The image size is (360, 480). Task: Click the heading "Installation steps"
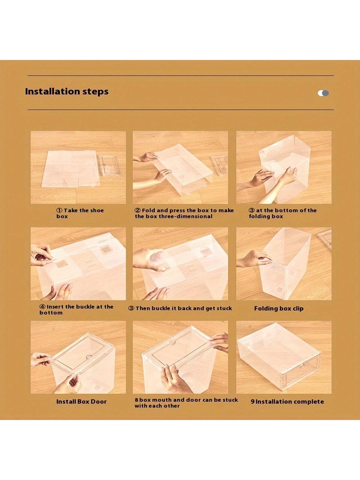pyautogui.click(x=67, y=91)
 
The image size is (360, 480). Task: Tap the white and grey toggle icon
pyautogui.click(x=323, y=93)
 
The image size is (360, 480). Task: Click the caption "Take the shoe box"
pyautogui.click(x=80, y=213)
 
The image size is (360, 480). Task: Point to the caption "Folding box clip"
pyautogui.click(x=279, y=309)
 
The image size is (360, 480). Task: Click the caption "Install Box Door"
pyautogui.click(x=81, y=402)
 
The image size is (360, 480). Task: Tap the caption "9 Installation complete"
pyautogui.click(x=287, y=402)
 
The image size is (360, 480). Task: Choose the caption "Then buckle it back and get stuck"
pyautogui.click(x=180, y=308)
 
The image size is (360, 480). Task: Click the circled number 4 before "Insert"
pyautogui.click(x=42, y=307)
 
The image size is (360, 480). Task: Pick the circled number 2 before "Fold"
pyautogui.click(x=137, y=211)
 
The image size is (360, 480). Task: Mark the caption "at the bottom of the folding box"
pyautogui.click(x=282, y=213)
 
